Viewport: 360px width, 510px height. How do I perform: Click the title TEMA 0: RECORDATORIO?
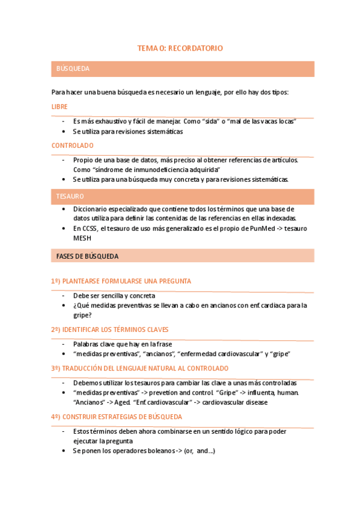tap(180, 48)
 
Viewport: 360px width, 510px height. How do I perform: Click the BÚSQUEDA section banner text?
tap(73, 69)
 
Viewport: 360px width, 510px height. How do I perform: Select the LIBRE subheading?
tap(59, 106)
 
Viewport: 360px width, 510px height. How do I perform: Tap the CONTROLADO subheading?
tap(73, 146)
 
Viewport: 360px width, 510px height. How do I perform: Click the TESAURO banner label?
tap(70, 197)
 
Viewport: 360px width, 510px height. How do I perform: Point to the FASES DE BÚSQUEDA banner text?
tap(87, 256)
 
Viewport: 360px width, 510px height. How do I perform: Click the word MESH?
tap(83, 238)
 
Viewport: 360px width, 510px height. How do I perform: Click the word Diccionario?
tap(92, 209)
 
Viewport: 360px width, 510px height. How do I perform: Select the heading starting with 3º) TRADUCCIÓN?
tap(139, 368)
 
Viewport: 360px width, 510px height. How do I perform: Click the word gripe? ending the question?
tap(82, 315)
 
